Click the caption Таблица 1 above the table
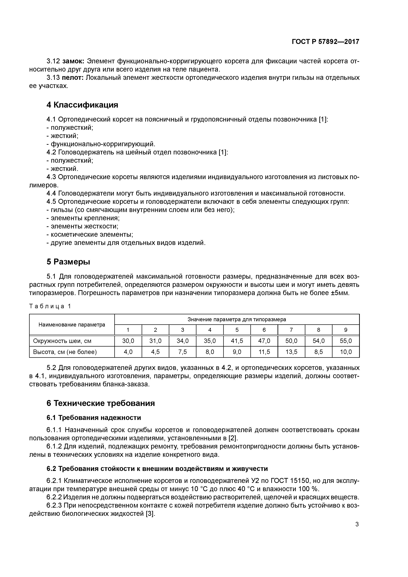(50, 306)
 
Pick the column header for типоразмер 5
(237, 330)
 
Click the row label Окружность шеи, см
(62, 341)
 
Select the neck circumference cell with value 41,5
(237, 341)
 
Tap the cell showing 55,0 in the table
(346, 341)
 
